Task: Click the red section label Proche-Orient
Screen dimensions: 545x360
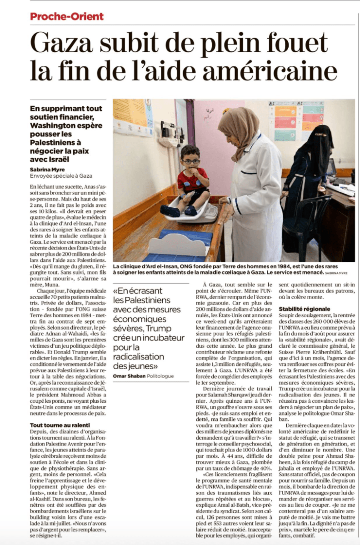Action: coord(67,17)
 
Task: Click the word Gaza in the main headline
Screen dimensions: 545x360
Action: coord(68,44)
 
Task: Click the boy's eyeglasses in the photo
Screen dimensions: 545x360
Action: coord(191,161)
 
